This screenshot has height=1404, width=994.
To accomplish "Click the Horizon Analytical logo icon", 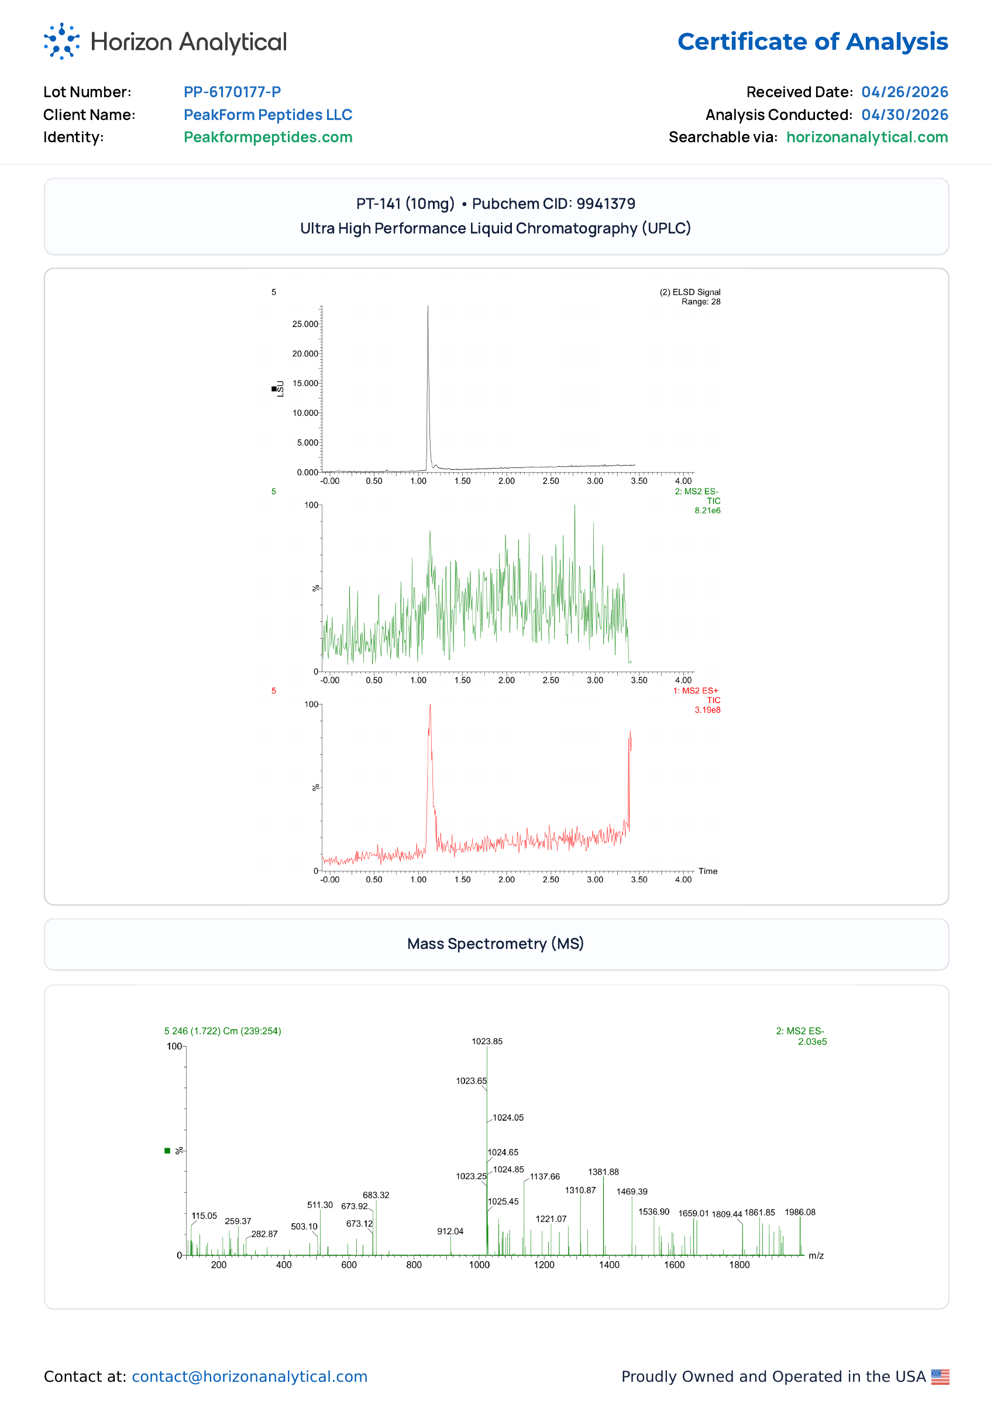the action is coord(62,41).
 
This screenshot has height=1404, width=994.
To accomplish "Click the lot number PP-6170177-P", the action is coord(233,92).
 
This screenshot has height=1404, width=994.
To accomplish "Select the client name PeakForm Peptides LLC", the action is coord(268,115).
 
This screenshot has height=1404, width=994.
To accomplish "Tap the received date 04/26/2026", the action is coord(904,92).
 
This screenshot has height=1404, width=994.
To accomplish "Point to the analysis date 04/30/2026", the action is coord(904,115).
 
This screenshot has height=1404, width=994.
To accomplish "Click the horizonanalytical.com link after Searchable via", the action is coord(867,137).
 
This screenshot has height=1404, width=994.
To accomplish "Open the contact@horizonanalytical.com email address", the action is coord(250,1377).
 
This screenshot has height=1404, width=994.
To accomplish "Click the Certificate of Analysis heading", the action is coord(813,42).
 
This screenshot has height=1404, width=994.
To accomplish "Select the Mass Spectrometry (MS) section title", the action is coord(496,944).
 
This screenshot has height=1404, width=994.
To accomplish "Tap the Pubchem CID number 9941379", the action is coord(606,204).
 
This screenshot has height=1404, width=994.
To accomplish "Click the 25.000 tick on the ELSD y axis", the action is coord(305,324).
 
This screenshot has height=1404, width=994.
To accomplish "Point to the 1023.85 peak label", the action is coord(487,1042).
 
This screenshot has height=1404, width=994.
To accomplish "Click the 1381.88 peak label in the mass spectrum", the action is coord(604,1172).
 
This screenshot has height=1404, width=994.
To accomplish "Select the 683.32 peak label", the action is coord(376,1195).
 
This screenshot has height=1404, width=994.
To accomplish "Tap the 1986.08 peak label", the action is coord(800,1213).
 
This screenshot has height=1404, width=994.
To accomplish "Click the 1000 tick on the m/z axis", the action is coord(479,1265).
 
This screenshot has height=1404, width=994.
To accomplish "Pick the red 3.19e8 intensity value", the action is coord(707,710).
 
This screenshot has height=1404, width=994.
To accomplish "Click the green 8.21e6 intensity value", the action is coord(707,511).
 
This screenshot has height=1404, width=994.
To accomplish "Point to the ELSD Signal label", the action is coord(690,292).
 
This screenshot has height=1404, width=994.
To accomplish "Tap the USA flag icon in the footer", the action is coord(941,1377).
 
